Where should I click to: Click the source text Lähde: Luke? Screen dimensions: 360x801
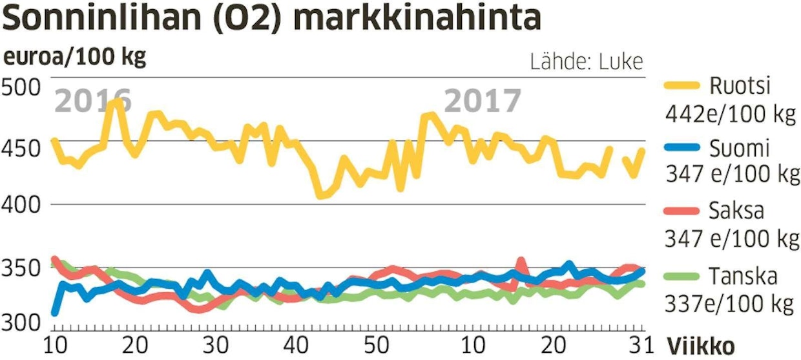[x=587, y=62]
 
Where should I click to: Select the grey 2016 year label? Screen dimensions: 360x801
[x=93, y=101]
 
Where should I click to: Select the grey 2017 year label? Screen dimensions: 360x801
[x=483, y=101]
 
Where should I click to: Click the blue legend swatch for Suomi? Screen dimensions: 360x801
[x=681, y=148]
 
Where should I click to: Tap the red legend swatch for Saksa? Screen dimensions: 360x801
[x=681, y=211]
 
